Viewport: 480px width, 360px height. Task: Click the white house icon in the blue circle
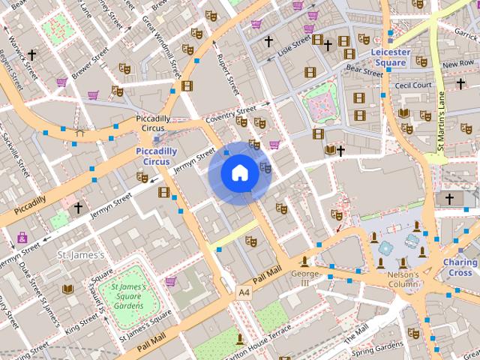pyautogui.click(x=239, y=173)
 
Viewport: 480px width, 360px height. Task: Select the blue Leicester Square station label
pyautogui.click(x=391, y=58)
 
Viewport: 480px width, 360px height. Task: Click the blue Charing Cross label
pyautogui.click(x=460, y=268)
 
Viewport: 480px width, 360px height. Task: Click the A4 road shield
pyautogui.click(x=244, y=292)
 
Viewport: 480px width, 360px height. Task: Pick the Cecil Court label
pyautogui.click(x=412, y=85)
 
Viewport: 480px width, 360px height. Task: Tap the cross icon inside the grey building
pyautogui.click(x=450, y=199)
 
